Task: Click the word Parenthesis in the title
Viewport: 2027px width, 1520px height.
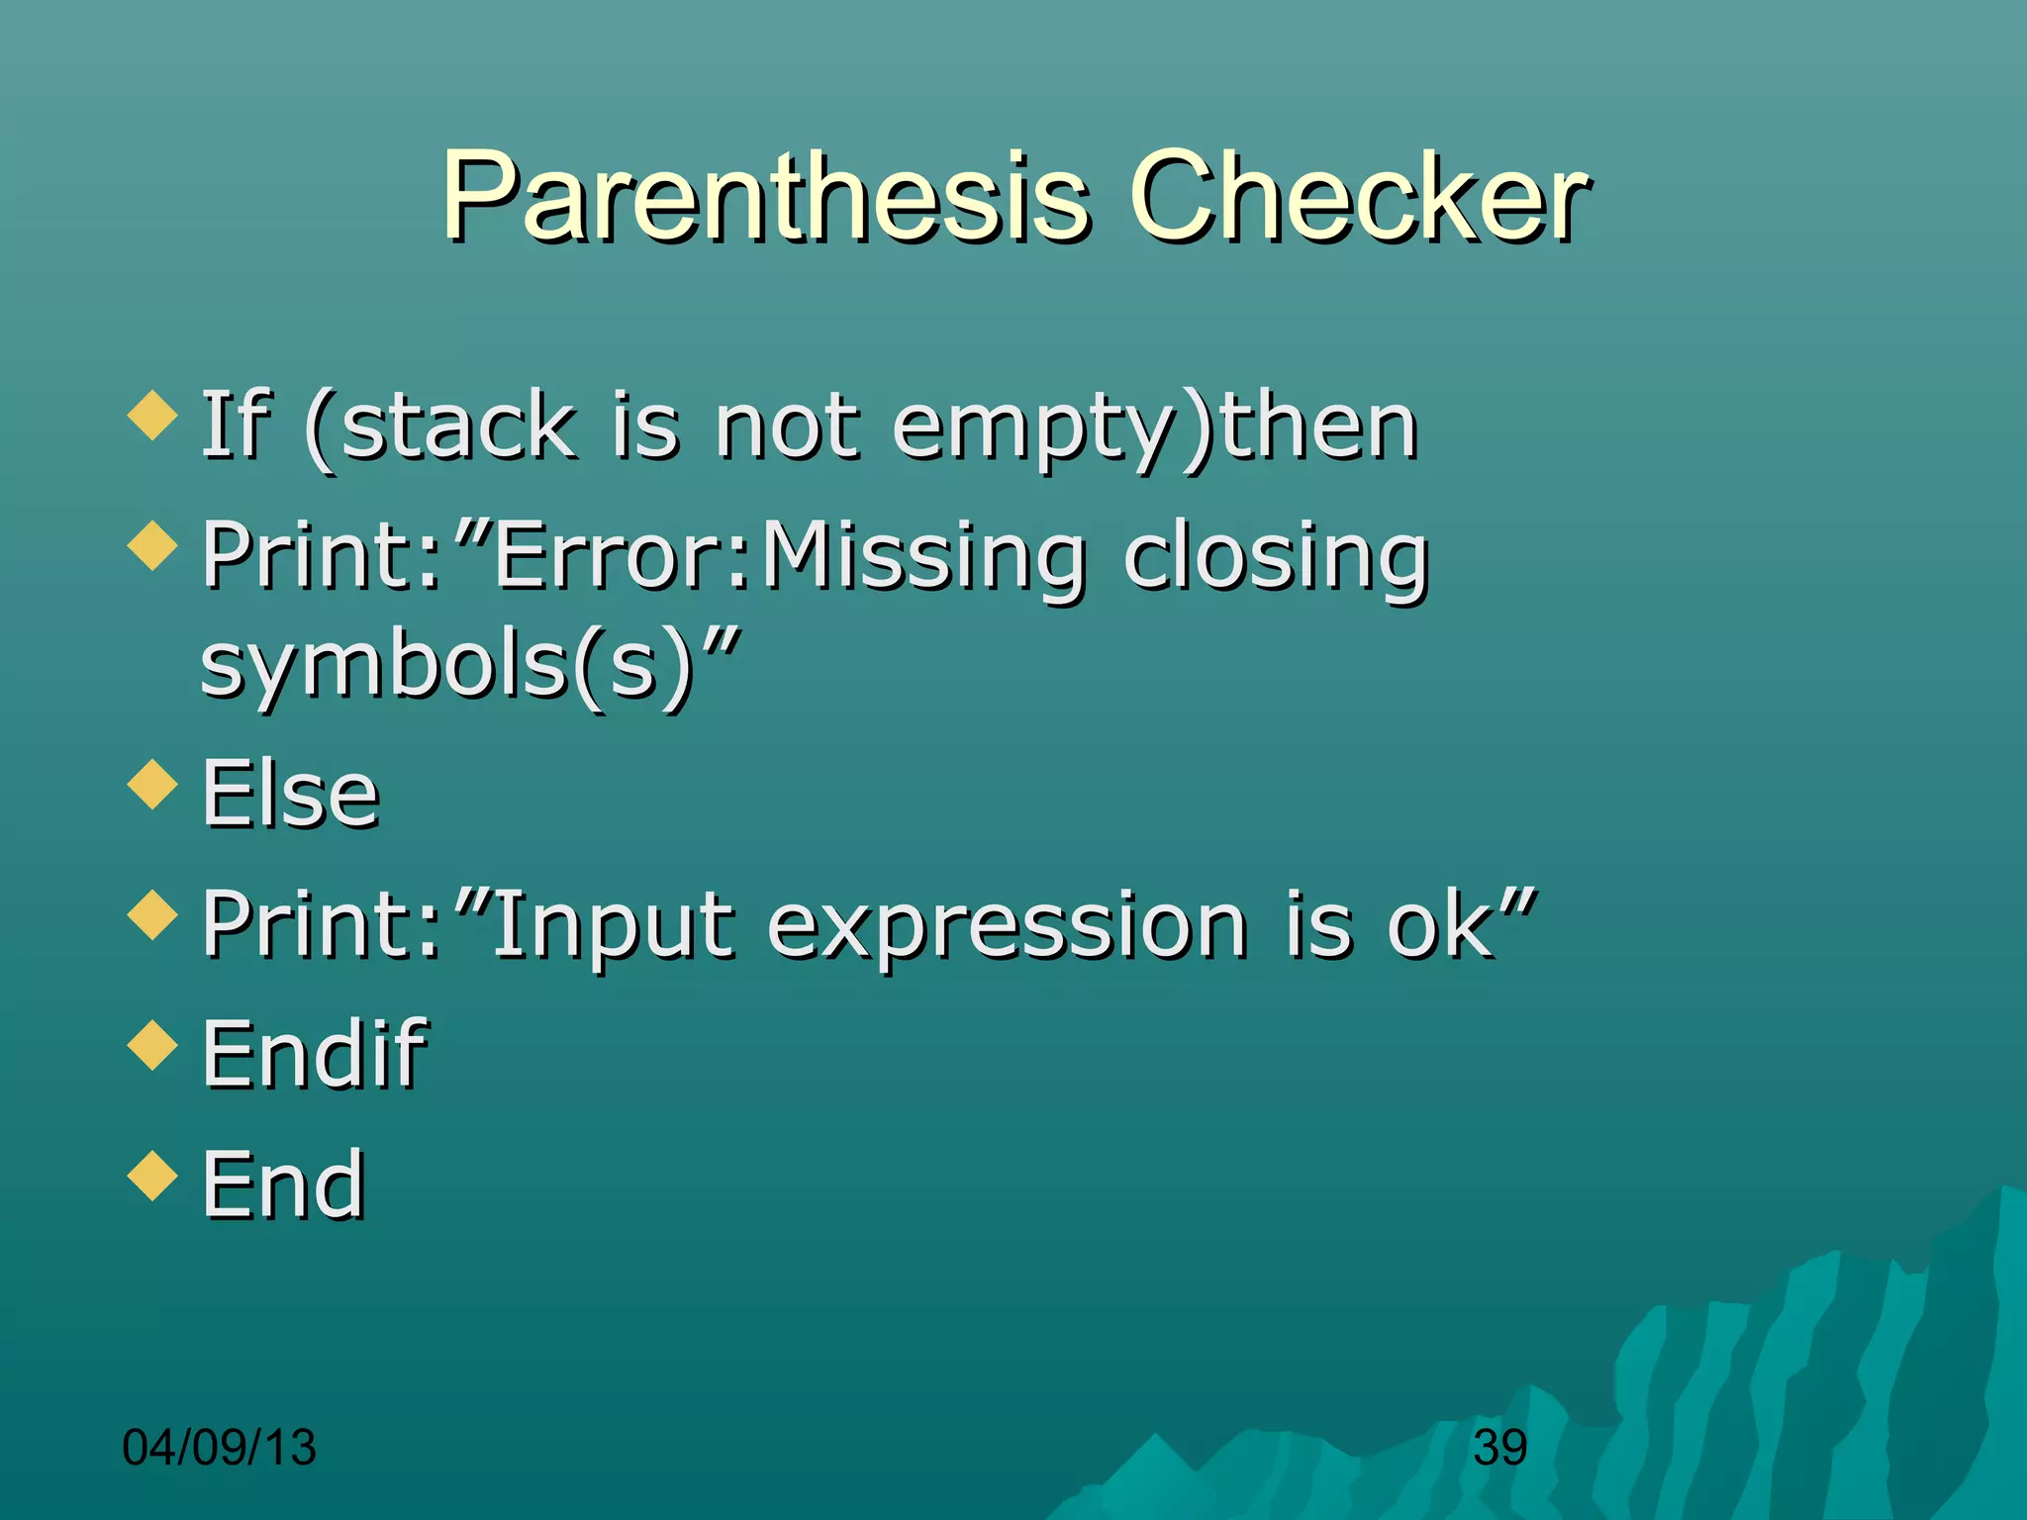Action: coord(767,198)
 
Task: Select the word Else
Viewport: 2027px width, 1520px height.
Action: coord(291,794)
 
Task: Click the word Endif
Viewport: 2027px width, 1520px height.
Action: coord(314,1055)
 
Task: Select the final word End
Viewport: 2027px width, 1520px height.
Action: coord(284,1185)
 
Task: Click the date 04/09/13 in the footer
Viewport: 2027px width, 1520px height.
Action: coord(219,1448)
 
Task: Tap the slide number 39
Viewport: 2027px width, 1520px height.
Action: coord(1499,1448)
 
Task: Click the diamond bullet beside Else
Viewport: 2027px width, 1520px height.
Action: coord(153,784)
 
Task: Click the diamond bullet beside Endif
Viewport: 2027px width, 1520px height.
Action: coord(153,1045)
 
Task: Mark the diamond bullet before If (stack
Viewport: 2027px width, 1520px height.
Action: coord(153,415)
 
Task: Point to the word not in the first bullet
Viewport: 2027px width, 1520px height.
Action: coord(787,427)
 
